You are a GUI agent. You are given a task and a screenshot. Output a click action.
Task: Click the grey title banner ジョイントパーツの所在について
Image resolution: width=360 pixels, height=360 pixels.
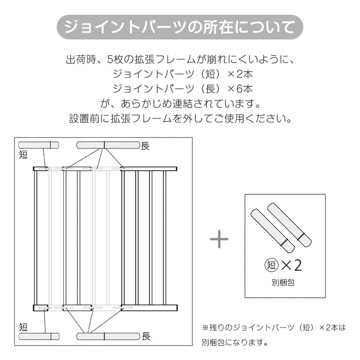(180, 27)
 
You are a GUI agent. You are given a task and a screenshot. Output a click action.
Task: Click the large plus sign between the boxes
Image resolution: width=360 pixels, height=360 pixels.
(219, 239)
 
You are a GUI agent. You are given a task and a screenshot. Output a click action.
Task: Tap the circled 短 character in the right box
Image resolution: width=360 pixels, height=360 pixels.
(272, 265)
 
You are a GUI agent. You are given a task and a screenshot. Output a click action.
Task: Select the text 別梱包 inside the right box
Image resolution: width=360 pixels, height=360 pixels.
(283, 283)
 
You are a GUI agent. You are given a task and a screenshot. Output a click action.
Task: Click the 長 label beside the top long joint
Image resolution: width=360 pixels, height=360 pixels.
(145, 146)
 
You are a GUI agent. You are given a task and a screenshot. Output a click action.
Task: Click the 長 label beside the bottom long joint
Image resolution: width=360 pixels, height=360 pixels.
(146, 336)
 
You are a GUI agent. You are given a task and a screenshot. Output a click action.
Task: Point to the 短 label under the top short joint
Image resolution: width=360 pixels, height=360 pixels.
(23, 154)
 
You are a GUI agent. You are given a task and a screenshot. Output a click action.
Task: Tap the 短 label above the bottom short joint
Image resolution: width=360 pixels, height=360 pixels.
(23, 327)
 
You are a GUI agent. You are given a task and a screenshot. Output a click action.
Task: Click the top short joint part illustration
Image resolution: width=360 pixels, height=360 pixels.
(38, 145)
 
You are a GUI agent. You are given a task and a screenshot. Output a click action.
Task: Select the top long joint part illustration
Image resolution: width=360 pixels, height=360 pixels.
(108, 145)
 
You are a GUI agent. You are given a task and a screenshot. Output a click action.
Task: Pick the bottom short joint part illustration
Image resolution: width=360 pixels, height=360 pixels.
(39, 337)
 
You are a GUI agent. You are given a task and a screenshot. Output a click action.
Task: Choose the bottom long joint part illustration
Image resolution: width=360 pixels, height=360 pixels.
(108, 336)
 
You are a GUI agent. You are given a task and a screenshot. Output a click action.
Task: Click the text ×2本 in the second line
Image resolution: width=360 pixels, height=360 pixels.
(240, 74)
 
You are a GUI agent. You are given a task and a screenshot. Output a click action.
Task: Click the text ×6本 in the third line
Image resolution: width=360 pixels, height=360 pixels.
(240, 89)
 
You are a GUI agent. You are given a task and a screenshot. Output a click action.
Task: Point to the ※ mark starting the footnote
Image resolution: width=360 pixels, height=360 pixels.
(205, 327)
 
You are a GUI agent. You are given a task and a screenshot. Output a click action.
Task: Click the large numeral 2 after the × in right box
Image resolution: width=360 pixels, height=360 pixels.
(297, 265)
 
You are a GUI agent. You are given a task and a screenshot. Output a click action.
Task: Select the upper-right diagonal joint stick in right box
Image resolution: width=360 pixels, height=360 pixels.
(289, 225)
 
